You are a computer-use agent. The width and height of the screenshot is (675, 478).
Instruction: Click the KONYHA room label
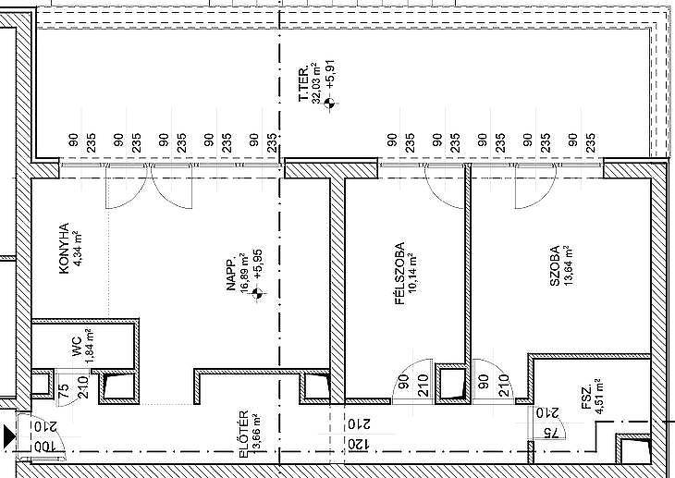coord(64,248)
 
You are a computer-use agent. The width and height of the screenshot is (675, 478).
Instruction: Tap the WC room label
coord(77,347)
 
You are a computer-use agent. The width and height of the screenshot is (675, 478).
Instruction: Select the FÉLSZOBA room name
coord(400,274)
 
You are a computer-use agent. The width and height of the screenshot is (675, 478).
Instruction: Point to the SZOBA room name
coord(555,265)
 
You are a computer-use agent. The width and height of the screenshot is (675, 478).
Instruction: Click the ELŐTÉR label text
coord(244,435)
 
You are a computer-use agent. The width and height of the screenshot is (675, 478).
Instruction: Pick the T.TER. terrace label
coord(303,83)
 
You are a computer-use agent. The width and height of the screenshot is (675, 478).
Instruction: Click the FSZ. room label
coord(586,401)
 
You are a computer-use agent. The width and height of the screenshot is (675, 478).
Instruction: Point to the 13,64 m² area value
coord(568,265)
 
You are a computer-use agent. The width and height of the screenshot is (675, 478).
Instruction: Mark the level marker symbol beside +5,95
coord(257,294)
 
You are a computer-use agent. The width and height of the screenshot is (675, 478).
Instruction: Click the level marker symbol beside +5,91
coord(330,103)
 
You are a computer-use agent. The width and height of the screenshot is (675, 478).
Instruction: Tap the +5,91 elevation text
coord(330,75)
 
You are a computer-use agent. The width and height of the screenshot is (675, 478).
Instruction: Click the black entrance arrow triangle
coord(9,436)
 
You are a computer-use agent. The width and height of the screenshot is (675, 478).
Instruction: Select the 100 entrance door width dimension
coord(43,447)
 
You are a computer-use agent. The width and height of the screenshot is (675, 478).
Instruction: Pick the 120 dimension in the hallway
coord(358,444)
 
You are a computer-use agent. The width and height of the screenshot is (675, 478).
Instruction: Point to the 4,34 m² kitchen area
coord(78,248)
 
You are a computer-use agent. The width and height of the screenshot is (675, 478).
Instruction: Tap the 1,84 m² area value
coord(90,347)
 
